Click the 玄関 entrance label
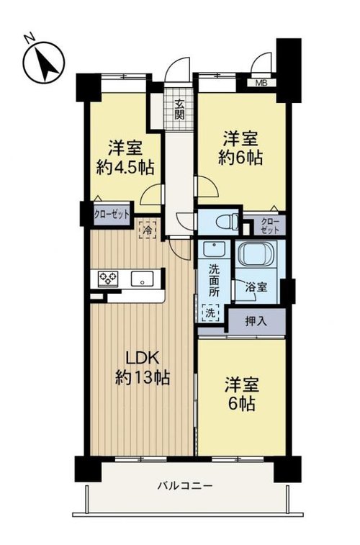(179, 109)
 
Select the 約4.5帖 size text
(125, 168)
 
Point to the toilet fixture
(227, 222)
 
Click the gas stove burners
(108, 279)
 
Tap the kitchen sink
(142, 279)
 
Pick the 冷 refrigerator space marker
(148, 230)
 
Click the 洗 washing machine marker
(211, 312)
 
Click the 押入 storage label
(256, 322)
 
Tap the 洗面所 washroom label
(214, 280)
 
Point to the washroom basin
(214, 249)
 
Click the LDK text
(142, 359)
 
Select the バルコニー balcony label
(185, 485)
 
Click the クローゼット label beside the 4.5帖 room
(112, 215)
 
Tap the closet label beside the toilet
(270, 225)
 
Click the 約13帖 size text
(142, 377)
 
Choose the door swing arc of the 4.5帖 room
(148, 193)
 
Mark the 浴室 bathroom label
(256, 287)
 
